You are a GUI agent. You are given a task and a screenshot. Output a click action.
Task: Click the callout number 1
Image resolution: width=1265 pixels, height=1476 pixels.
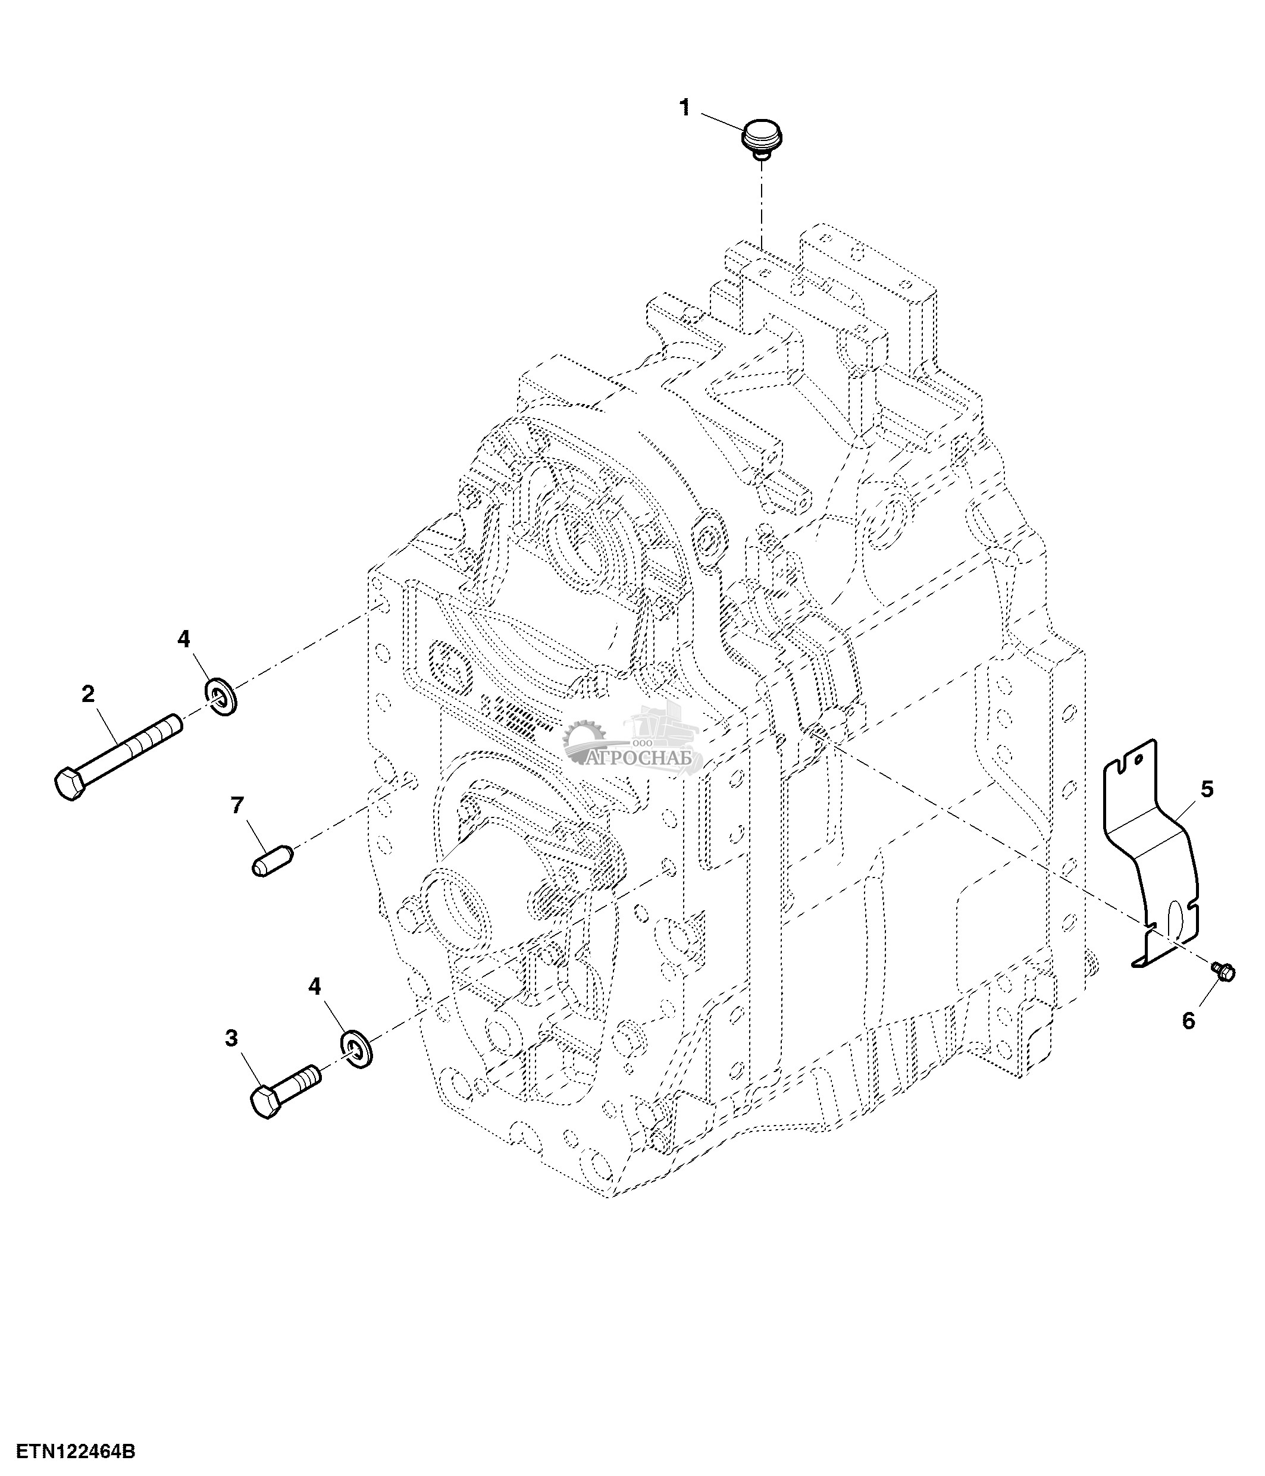tap(685, 108)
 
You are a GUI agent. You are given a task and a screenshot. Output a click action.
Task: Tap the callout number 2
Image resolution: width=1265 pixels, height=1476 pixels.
tap(88, 693)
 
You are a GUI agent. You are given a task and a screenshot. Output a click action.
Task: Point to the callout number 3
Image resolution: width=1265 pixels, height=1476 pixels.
tap(231, 1039)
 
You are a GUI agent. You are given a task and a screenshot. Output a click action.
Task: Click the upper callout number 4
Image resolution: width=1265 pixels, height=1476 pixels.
tap(184, 640)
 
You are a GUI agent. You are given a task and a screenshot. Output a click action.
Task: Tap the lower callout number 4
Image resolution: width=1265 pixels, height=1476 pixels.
tap(314, 986)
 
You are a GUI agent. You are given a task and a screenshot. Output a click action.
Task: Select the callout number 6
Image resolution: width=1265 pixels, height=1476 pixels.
tap(1188, 1021)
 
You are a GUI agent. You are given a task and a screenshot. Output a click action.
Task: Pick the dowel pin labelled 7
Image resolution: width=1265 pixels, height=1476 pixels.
tap(272, 860)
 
